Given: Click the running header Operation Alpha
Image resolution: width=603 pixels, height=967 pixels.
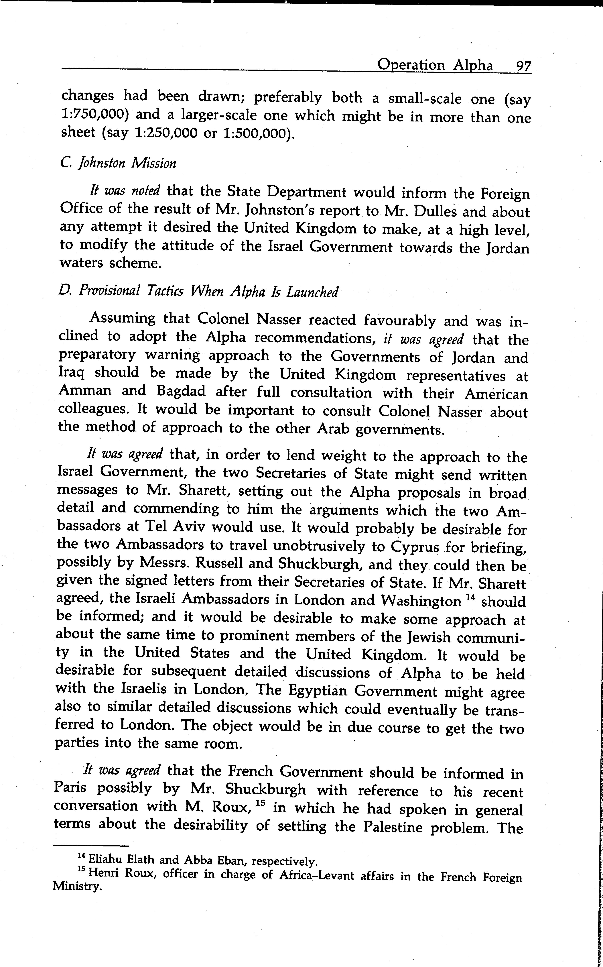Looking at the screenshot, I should coord(435,65).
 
